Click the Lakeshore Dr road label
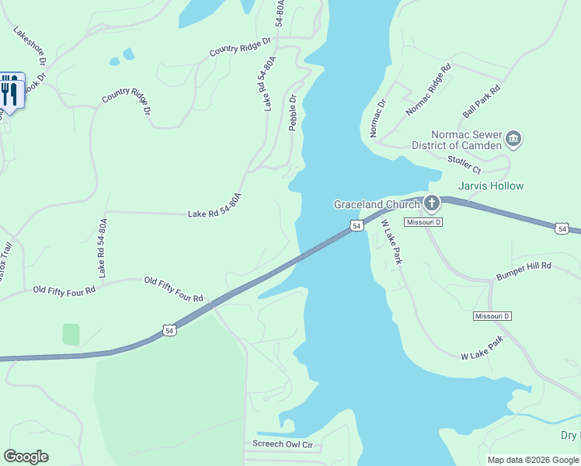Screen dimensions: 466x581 tap(30, 46)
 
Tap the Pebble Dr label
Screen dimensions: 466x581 tap(294, 113)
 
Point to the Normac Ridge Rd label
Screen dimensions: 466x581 tap(428, 90)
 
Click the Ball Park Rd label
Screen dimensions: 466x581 tap(482, 102)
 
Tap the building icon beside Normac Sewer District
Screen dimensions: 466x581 tap(513, 140)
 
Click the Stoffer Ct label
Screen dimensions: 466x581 tap(464, 165)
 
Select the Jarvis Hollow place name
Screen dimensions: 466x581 tap(491, 186)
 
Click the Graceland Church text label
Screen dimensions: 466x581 tap(377, 204)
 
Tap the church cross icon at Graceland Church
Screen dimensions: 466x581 tap(431, 204)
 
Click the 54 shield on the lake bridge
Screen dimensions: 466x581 tap(356, 225)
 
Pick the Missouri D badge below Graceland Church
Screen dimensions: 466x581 tap(423, 222)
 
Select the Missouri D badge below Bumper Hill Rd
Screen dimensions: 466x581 tap(492, 316)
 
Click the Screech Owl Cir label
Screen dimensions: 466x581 tap(282, 445)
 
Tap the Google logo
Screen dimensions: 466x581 tap(26, 457)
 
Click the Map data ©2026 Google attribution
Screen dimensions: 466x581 tap(534, 460)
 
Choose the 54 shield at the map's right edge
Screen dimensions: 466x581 tap(562, 228)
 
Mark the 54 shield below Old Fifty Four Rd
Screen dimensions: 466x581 tap(170, 331)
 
